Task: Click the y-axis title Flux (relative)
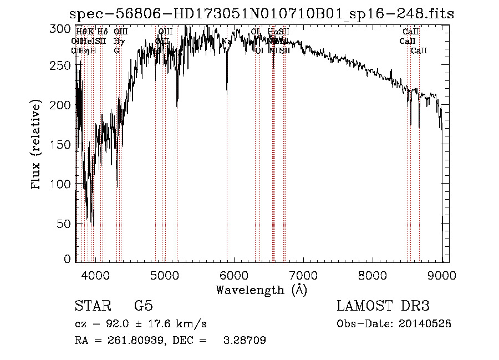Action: [x=37, y=145]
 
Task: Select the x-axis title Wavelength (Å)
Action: [x=261, y=290]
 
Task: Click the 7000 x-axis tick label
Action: [x=303, y=275]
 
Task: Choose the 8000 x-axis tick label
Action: [x=373, y=275]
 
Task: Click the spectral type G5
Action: [x=143, y=306]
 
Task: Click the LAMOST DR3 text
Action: [x=383, y=306]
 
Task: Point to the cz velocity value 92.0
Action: [x=118, y=324]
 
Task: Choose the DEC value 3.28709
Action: [x=244, y=341]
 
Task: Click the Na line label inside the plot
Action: [x=226, y=42]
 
